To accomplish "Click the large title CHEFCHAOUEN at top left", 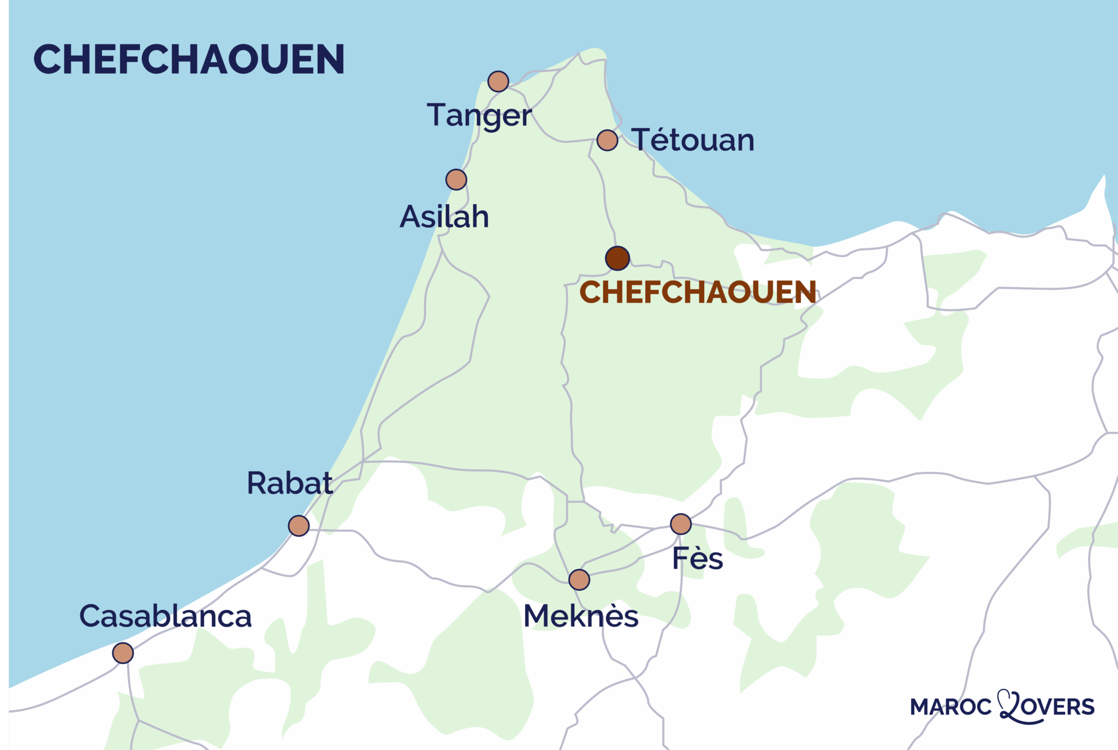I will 189,59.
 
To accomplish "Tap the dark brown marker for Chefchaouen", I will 617,258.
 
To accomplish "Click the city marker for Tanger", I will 498,81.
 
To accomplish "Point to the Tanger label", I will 479,116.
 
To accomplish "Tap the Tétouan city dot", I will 607,140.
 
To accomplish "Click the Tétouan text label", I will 693,140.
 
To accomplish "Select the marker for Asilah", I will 456,179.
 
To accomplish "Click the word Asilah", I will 444,217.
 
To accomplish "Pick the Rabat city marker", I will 299,526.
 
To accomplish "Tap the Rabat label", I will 289,483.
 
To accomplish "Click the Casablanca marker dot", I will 123,653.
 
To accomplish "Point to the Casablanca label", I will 165,616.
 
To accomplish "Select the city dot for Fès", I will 681,524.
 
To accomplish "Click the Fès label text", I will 697,558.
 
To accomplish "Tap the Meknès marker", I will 579,580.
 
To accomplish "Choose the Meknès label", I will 581,616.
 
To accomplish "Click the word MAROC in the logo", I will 950,707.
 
